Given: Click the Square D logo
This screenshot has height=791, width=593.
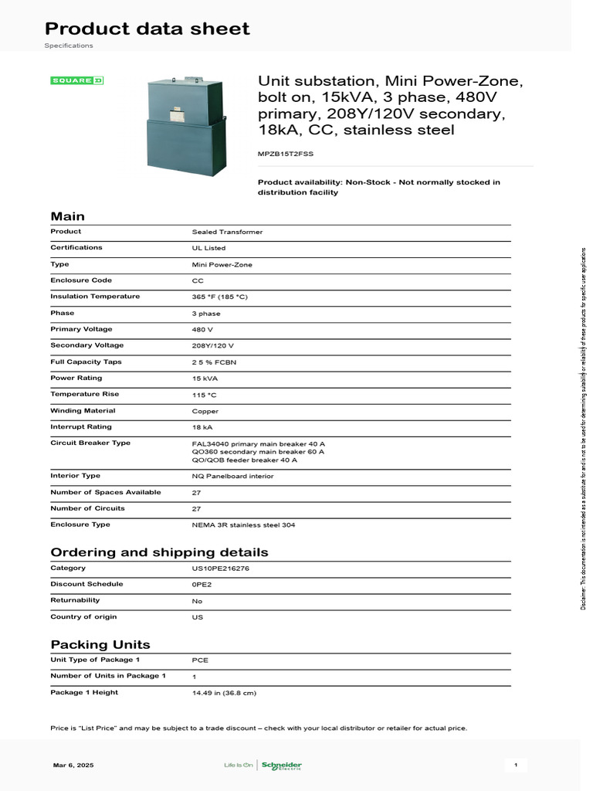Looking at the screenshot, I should point(76,80).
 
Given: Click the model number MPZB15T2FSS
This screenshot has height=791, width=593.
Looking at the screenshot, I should point(285,154).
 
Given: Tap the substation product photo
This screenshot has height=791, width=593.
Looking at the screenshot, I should point(186,124).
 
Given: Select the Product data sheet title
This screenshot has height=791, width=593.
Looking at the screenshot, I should point(147,29).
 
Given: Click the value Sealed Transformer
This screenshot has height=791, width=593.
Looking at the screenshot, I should point(227,232).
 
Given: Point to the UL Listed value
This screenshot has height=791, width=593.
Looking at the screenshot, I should point(208,248).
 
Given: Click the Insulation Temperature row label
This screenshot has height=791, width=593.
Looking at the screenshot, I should point(95,297).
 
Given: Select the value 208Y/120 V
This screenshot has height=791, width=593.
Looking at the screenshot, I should point(212,345).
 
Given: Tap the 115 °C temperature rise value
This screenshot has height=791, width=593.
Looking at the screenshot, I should point(204,395).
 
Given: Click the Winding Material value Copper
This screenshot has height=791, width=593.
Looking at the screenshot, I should point(205,411).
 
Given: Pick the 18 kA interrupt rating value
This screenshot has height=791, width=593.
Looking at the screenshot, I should point(202,427).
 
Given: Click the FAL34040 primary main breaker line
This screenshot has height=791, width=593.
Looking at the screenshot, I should point(258,444).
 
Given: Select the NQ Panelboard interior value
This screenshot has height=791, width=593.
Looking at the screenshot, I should point(232,476).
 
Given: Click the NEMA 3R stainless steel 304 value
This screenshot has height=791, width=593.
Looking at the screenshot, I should point(243,525).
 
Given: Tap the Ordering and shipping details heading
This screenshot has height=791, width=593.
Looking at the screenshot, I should point(159,552).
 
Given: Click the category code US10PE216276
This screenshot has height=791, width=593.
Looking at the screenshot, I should point(220,569).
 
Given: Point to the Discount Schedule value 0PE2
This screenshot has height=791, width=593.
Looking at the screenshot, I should point(201,585).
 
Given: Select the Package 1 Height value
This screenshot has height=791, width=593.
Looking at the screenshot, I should point(224,693).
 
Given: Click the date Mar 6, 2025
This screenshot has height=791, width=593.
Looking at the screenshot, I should point(73,765).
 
